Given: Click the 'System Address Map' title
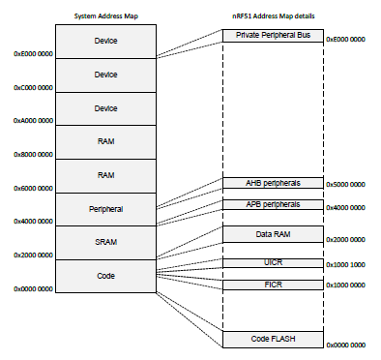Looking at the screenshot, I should pos(105,15).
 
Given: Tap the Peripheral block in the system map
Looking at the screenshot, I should pos(105,208).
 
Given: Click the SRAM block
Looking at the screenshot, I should pos(105,241).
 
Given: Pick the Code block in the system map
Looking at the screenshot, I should pos(105,275).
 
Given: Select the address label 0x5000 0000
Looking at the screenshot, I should pos(345,184).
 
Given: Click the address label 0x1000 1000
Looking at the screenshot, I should pos(345,264).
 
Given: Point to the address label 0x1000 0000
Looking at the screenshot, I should pos(345,285).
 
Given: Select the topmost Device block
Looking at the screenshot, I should pos(105,41).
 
